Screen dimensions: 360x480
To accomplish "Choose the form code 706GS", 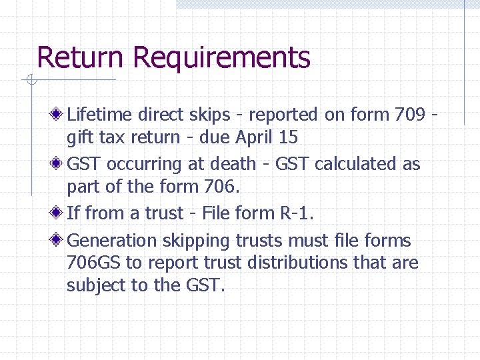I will [95, 263].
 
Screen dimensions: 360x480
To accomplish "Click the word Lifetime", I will [100, 115].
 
